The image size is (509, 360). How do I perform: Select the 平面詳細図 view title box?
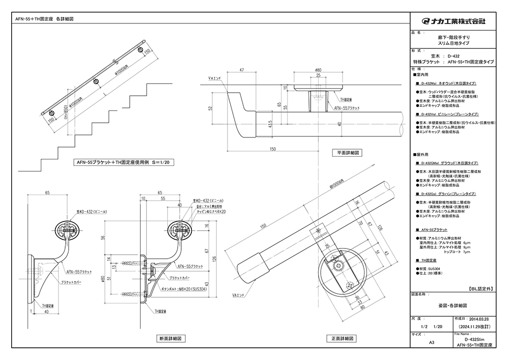click(349, 152)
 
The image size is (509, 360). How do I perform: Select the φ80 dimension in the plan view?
click(318, 70)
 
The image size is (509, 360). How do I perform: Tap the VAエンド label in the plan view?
click(213, 78)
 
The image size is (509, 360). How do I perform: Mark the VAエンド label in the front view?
click(238, 295)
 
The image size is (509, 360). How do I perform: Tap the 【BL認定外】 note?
click(479, 288)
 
